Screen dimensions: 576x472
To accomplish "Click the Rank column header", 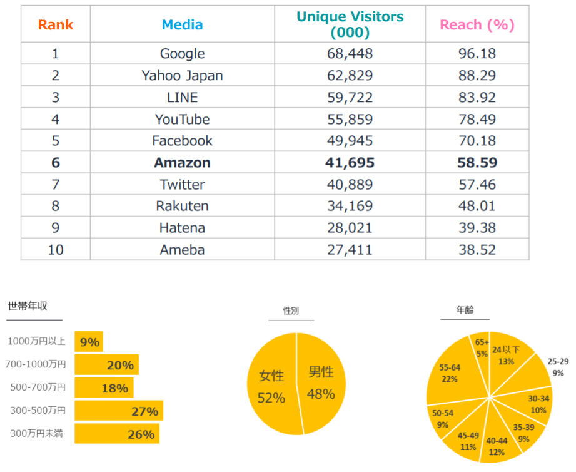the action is tap(56, 24).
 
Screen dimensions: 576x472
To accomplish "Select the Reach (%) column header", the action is tap(477, 24).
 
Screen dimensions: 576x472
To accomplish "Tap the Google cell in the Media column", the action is tap(182, 54).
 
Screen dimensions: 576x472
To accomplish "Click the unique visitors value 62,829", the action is tap(350, 75).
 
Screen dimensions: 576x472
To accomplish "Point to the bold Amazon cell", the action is tap(182, 163).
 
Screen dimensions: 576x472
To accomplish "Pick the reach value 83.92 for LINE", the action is tap(477, 98).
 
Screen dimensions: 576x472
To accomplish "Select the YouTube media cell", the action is tap(182, 119).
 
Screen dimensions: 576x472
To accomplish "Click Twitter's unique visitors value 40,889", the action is tap(350, 184).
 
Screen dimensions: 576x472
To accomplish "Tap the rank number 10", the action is tap(56, 250).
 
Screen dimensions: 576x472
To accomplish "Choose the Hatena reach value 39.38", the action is tap(477, 228).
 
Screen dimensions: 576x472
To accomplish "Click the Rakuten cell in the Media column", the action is tap(182, 206).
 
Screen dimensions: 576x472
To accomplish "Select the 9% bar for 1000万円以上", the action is tap(89, 342).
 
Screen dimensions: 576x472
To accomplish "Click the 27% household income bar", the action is tap(119, 411).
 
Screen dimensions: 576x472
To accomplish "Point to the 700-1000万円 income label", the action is tap(36, 364).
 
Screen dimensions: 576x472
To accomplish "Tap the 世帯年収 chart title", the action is tap(28, 306).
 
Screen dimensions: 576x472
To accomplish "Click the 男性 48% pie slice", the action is tap(321, 382).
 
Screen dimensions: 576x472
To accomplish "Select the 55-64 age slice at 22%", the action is tap(453, 373).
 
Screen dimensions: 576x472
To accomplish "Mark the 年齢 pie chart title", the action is tap(465, 310).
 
